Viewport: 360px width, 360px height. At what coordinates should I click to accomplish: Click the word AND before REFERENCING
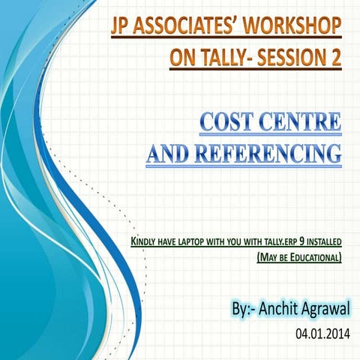(x=171, y=154)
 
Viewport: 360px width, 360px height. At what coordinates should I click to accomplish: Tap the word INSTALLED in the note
(x=323, y=242)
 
